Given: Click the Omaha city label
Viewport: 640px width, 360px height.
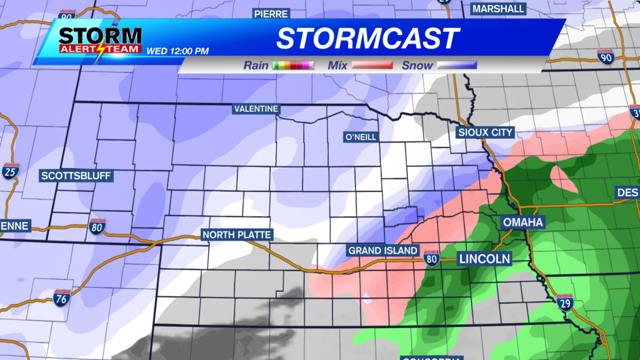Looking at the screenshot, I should tap(522, 222).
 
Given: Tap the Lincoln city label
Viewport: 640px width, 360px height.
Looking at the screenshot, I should tap(485, 258).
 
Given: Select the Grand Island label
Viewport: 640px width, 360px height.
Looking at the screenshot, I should tap(382, 251).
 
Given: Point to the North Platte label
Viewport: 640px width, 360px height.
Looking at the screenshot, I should tap(236, 235).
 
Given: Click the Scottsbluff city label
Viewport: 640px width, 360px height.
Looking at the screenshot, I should tap(76, 176).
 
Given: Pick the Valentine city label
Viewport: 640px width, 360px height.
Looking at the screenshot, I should tap(256, 109).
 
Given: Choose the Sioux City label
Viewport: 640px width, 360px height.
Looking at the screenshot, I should tap(485, 132).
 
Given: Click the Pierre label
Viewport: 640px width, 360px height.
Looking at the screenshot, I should tap(271, 13).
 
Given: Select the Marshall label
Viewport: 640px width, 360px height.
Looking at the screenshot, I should tap(498, 9).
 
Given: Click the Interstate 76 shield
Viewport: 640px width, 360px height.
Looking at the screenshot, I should tap(61, 298).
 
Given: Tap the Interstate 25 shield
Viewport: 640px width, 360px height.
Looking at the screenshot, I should tap(10, 171).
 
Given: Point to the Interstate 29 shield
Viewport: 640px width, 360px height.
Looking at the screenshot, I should tap(565, 302).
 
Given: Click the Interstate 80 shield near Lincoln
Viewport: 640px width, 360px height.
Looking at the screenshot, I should tap(431, 257).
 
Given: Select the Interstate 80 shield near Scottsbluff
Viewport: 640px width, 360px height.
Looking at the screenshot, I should tap(97, 226).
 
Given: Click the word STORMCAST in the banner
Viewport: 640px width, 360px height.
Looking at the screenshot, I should tap(368, 39).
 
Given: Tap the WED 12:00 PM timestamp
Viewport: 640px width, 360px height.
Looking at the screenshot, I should tap(177, 51).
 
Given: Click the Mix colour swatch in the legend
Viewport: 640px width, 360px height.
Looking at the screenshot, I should tap(372, 65).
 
